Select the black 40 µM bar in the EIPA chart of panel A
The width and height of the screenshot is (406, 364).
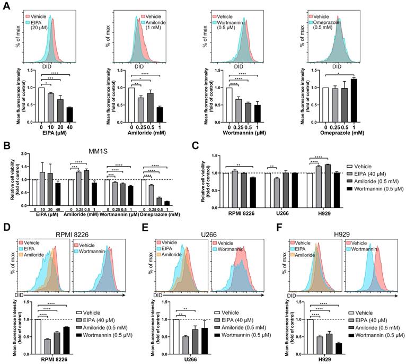[69, 115]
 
